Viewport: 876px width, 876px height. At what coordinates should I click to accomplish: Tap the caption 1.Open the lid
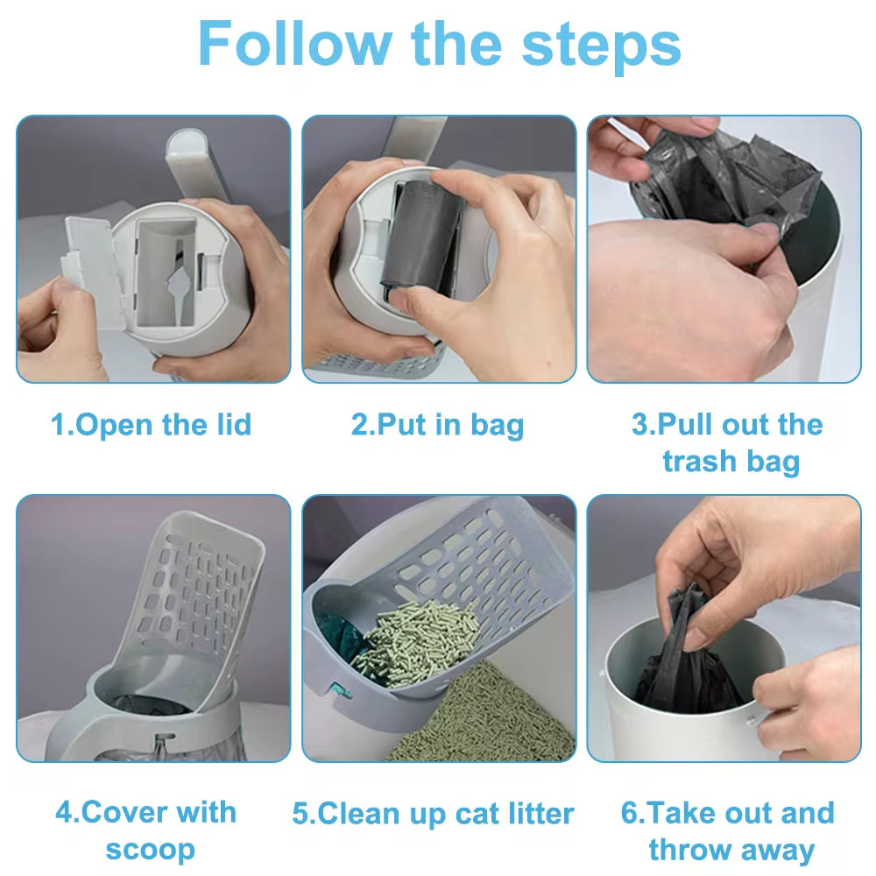pos(152,426)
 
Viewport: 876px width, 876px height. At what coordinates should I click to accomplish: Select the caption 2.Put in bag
pos(437,426)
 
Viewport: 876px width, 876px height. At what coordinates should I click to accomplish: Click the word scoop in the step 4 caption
pos(151,849)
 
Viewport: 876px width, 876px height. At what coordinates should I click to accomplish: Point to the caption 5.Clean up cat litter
pos(433,814)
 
